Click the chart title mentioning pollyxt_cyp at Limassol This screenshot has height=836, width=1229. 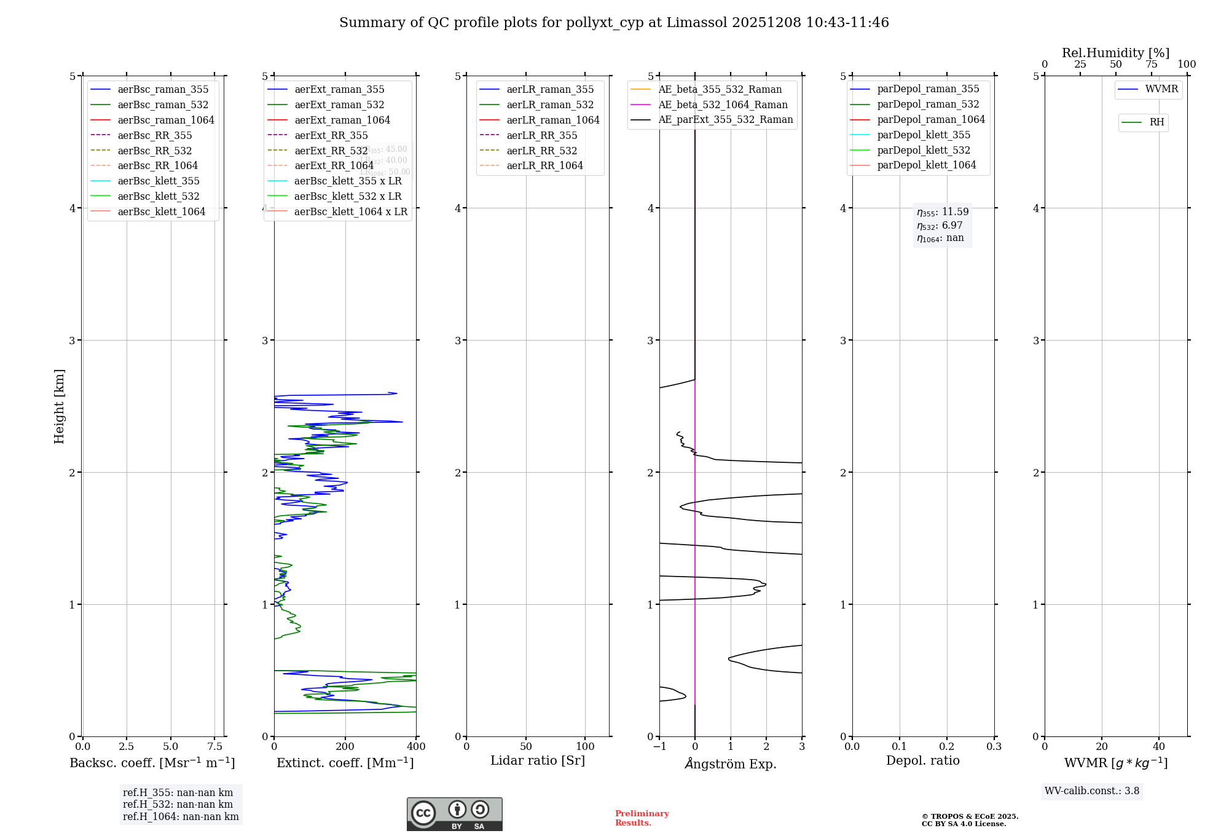tap(614, 23)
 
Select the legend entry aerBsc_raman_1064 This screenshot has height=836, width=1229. tap(165, 120)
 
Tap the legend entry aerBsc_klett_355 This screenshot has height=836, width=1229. tap(158, 181)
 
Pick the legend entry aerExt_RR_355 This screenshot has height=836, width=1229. tap(331, 135)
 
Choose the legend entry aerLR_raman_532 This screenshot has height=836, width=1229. tap(549, 104)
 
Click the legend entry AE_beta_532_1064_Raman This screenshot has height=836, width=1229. tap(722, 104)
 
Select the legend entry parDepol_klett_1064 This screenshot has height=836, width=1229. tap(926, 165)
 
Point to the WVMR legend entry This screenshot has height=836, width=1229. tap(1161, 89)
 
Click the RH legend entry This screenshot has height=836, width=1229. tap(1156, 122)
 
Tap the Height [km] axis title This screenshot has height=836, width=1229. tap(59, 406)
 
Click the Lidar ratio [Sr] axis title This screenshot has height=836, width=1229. tap(538, 760)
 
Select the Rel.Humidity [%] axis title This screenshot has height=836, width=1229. tap(1115, 53)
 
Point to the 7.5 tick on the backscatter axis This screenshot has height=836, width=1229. tap(214, 746)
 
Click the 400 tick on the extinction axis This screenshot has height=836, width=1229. tap(416, 746)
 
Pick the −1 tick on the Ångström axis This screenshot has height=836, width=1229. tap(659, 746)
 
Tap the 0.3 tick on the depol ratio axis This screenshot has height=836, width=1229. tap(994, 746)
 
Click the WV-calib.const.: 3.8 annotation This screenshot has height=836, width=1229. tap(1091, 791)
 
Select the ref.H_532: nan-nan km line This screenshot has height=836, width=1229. tap(178, 804)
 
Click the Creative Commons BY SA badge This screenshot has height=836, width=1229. tap(454, 814)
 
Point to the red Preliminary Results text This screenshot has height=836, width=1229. tap(642, 818)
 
